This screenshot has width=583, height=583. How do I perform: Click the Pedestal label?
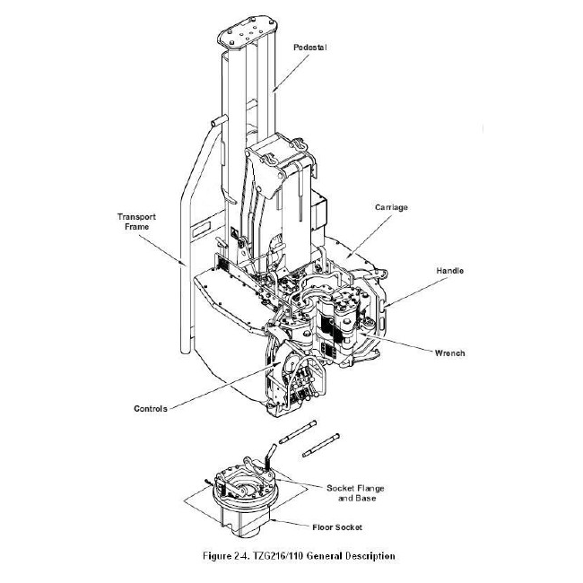310,48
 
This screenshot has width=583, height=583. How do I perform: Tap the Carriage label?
391,207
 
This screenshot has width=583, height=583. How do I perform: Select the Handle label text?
450,271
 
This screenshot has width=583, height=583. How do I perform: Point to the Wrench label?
450,352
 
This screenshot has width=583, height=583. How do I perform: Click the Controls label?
151,409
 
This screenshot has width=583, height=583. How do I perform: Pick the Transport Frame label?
136,222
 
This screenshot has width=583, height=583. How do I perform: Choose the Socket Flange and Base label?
355,493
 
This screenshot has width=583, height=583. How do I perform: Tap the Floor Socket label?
337,527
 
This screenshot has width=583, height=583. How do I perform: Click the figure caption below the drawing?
299,556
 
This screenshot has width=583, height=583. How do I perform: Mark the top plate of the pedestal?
248,32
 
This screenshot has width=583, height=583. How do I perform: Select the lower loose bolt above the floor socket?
320,445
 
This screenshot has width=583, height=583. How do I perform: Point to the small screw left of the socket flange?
207,483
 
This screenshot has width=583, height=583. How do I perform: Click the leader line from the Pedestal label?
291,73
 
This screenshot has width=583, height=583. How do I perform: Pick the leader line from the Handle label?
418,291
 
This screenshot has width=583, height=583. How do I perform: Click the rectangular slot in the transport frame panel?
201,229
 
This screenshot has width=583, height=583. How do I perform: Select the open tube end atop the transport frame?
219,121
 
